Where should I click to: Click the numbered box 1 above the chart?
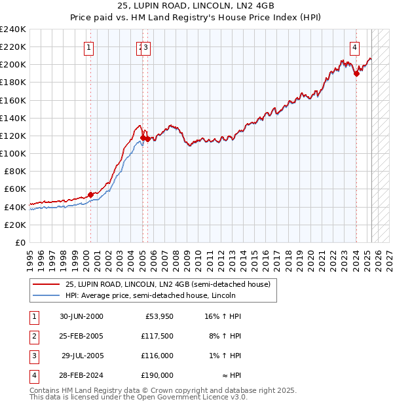88,46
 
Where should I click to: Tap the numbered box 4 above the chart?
354,46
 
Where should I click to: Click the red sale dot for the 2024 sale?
356,73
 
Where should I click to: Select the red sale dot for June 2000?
90,194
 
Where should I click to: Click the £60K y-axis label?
15,189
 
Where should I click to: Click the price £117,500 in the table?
157,336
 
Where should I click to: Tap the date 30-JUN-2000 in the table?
81,316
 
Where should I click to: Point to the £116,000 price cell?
157,356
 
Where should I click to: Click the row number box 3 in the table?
33,356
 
